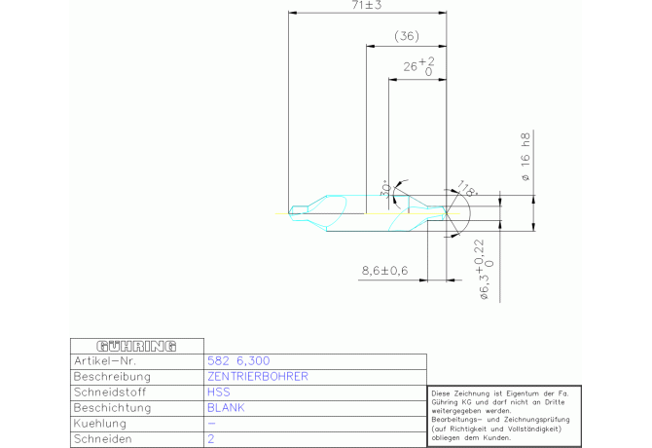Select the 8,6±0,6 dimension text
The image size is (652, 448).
(384, 270)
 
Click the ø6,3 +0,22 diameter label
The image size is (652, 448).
(485, 271)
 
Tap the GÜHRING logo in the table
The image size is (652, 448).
(136, 346)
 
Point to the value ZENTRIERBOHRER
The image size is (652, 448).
(258, 376)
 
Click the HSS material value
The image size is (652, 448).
(219, 392)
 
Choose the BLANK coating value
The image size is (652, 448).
(226, 408)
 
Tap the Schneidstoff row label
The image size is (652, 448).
(108, 392)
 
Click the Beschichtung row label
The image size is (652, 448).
(111, 408)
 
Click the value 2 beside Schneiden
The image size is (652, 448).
(211, 439)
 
